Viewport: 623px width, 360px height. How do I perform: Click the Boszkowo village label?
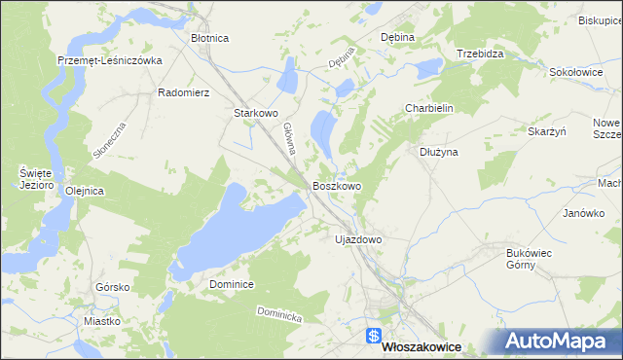(337, 185)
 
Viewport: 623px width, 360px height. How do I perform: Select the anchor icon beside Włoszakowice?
(374, 337)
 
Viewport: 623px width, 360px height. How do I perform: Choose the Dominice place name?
(232, 284)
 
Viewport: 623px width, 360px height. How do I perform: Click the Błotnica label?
(209, 38)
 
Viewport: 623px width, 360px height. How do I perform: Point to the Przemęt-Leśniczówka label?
(109, 59)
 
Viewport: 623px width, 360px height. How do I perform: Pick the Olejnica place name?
(84, 191)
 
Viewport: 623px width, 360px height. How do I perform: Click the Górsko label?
(113, 287)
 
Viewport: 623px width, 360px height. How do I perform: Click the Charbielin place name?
(430, 109)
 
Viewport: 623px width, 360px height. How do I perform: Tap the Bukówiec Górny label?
(530, 258)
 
